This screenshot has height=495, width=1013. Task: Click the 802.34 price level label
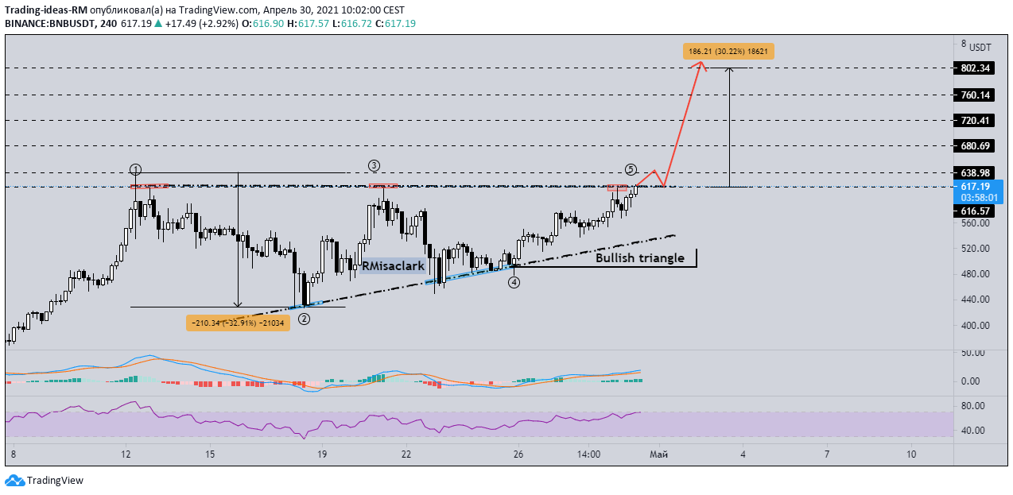(x=974, y=68)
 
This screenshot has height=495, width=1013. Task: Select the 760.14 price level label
(x=974, y=95)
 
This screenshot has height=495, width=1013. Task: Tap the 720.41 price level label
(x=974, y=120)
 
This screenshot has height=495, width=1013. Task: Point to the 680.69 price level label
(x=974, y=145)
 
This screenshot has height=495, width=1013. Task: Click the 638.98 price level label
(x=974, y=172)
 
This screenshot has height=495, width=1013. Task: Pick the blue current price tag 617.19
(x=978, y=191)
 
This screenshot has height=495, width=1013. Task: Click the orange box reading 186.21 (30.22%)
(x=728, y=52)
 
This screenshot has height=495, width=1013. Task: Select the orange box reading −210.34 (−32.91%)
(x=238, y=323)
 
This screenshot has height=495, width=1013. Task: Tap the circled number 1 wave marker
(x=135, y=169)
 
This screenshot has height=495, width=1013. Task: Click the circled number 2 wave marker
(x=304, y=319)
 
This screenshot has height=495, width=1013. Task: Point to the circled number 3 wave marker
(x=374, y=166)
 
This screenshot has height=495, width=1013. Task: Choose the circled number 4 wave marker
(x=514, y=283)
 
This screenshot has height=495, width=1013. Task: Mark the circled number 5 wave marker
(x=631, y=169)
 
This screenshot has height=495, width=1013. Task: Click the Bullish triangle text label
(x=640, y=258)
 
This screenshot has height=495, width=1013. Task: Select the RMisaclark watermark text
(x=393, y=266)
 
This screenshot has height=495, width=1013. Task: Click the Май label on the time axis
(x=658, y=454)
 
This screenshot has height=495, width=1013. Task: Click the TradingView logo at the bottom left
(x=45, y=480)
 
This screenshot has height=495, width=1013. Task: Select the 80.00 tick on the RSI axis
(x=972, y=406)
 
